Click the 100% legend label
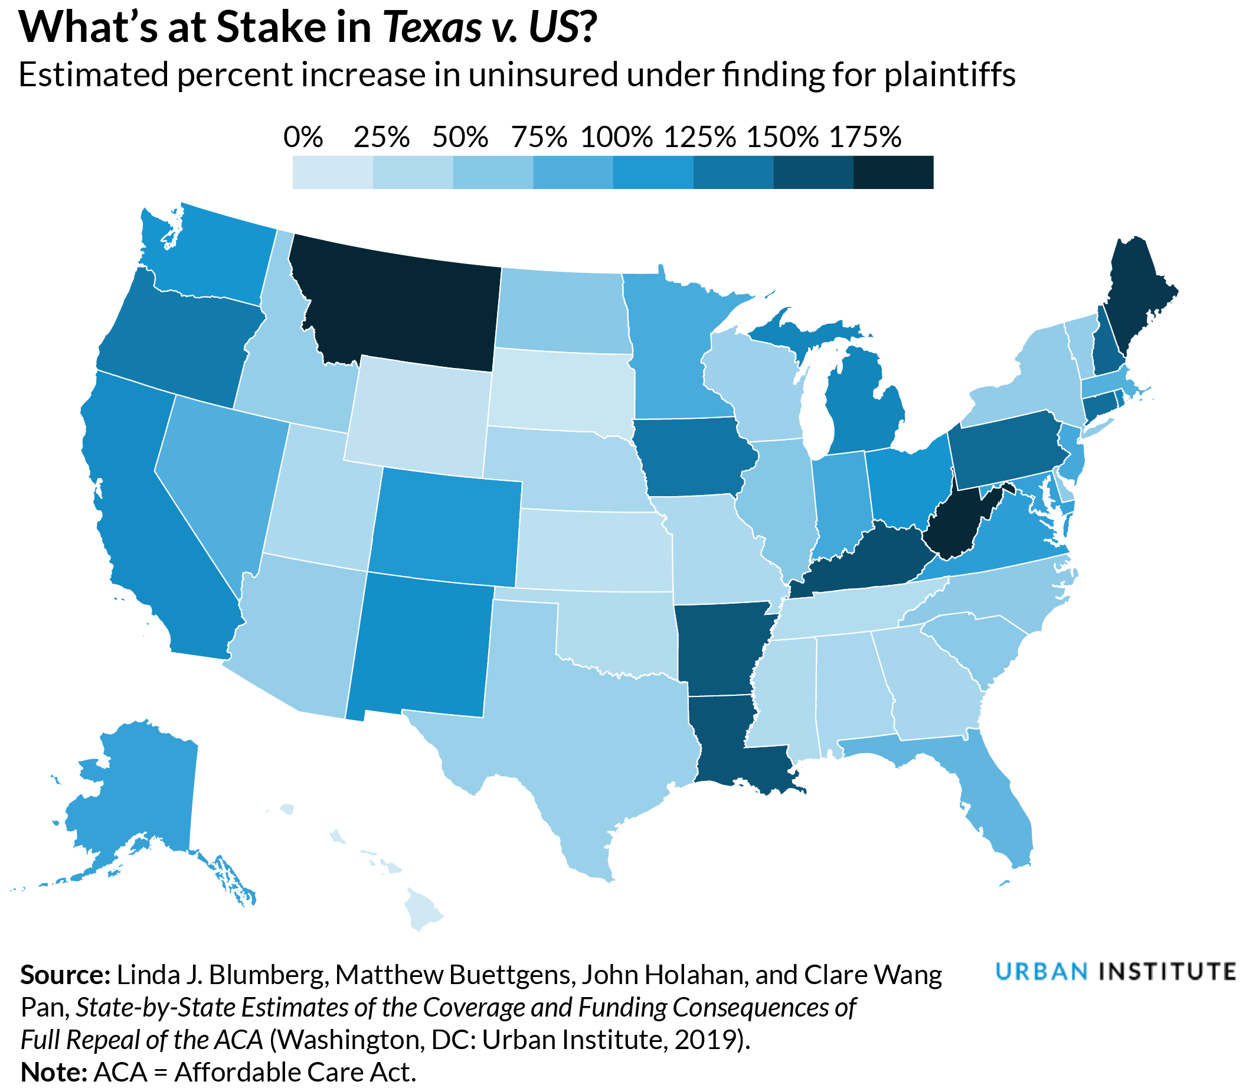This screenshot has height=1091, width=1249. point(617,138)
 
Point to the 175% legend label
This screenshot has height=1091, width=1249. point(865,138)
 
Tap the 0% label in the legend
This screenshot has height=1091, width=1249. point(303,138)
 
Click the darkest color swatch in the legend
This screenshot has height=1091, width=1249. point(893,172)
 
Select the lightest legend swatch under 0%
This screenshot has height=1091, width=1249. point(332,172)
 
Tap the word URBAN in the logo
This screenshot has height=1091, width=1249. point(1042,972)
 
